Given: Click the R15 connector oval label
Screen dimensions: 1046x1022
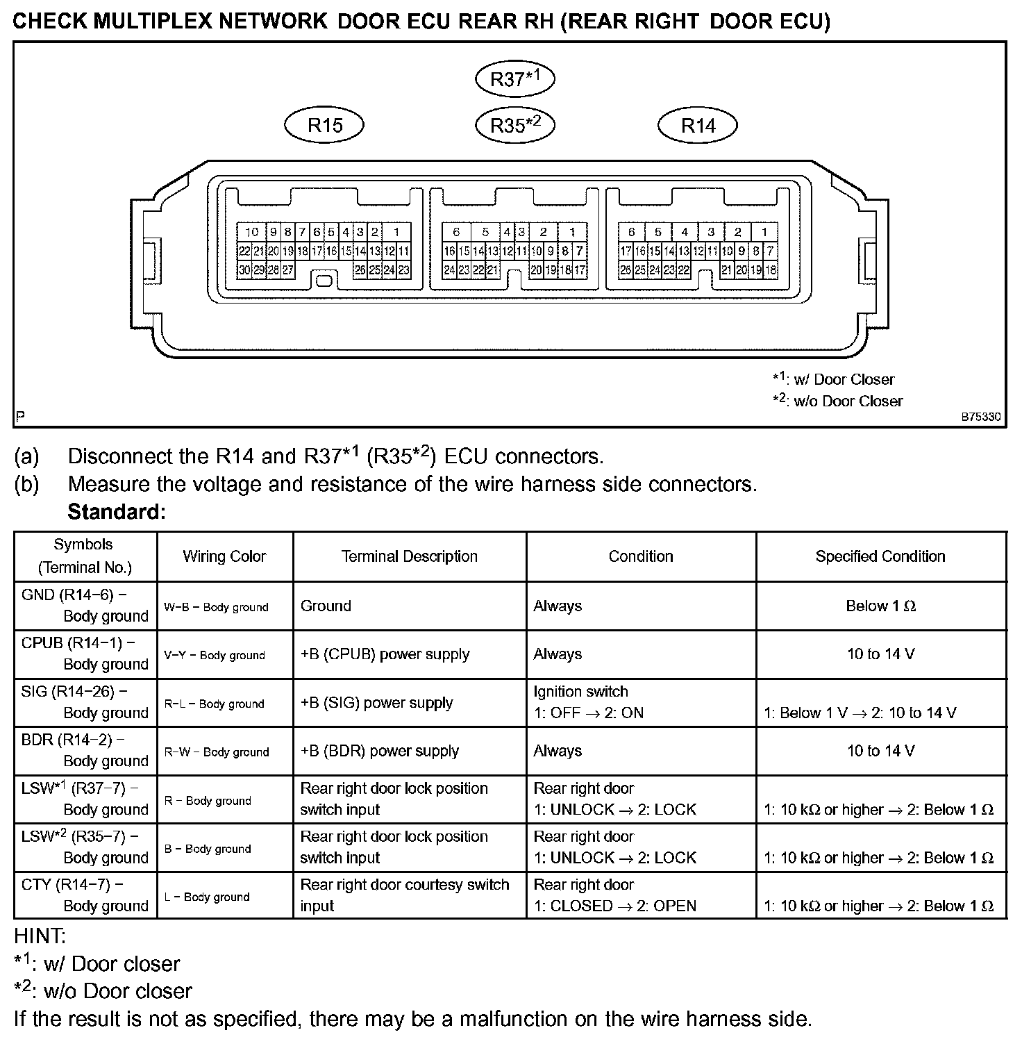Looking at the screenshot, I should point(324,126).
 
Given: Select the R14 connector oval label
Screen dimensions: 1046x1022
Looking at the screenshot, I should point(697,126).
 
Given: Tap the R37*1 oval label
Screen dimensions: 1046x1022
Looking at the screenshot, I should point(514,79).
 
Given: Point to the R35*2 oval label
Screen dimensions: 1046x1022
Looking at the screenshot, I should point(514,126).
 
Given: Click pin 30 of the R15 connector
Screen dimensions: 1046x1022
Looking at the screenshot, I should point(244,270).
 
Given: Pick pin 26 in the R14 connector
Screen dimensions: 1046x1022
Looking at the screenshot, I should point(625,270).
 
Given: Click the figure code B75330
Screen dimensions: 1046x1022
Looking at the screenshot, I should point(980,417).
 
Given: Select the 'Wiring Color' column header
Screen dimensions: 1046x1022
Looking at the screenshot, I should point(224,556).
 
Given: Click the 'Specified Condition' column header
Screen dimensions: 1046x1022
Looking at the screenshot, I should point(880,556).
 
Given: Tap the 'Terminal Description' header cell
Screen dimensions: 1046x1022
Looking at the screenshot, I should point(409,556).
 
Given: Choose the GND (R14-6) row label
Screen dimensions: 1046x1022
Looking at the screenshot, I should point(85,606).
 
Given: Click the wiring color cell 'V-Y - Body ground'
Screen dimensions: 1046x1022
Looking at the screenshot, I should point(215,655).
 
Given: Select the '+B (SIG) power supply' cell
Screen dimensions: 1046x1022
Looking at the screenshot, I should point(376,703).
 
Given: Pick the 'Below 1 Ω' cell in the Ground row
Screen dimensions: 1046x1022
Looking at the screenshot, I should point(880,606).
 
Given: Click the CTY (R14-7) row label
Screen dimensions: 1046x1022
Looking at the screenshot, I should point(85,895).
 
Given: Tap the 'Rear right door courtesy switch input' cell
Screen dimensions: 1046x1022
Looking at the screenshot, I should point(405,895).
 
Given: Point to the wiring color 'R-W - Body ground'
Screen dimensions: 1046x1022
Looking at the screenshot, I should point(217,752).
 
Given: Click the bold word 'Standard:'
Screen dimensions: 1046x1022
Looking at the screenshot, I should point(117,513).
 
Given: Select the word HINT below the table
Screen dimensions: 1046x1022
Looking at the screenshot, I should point(40,936).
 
